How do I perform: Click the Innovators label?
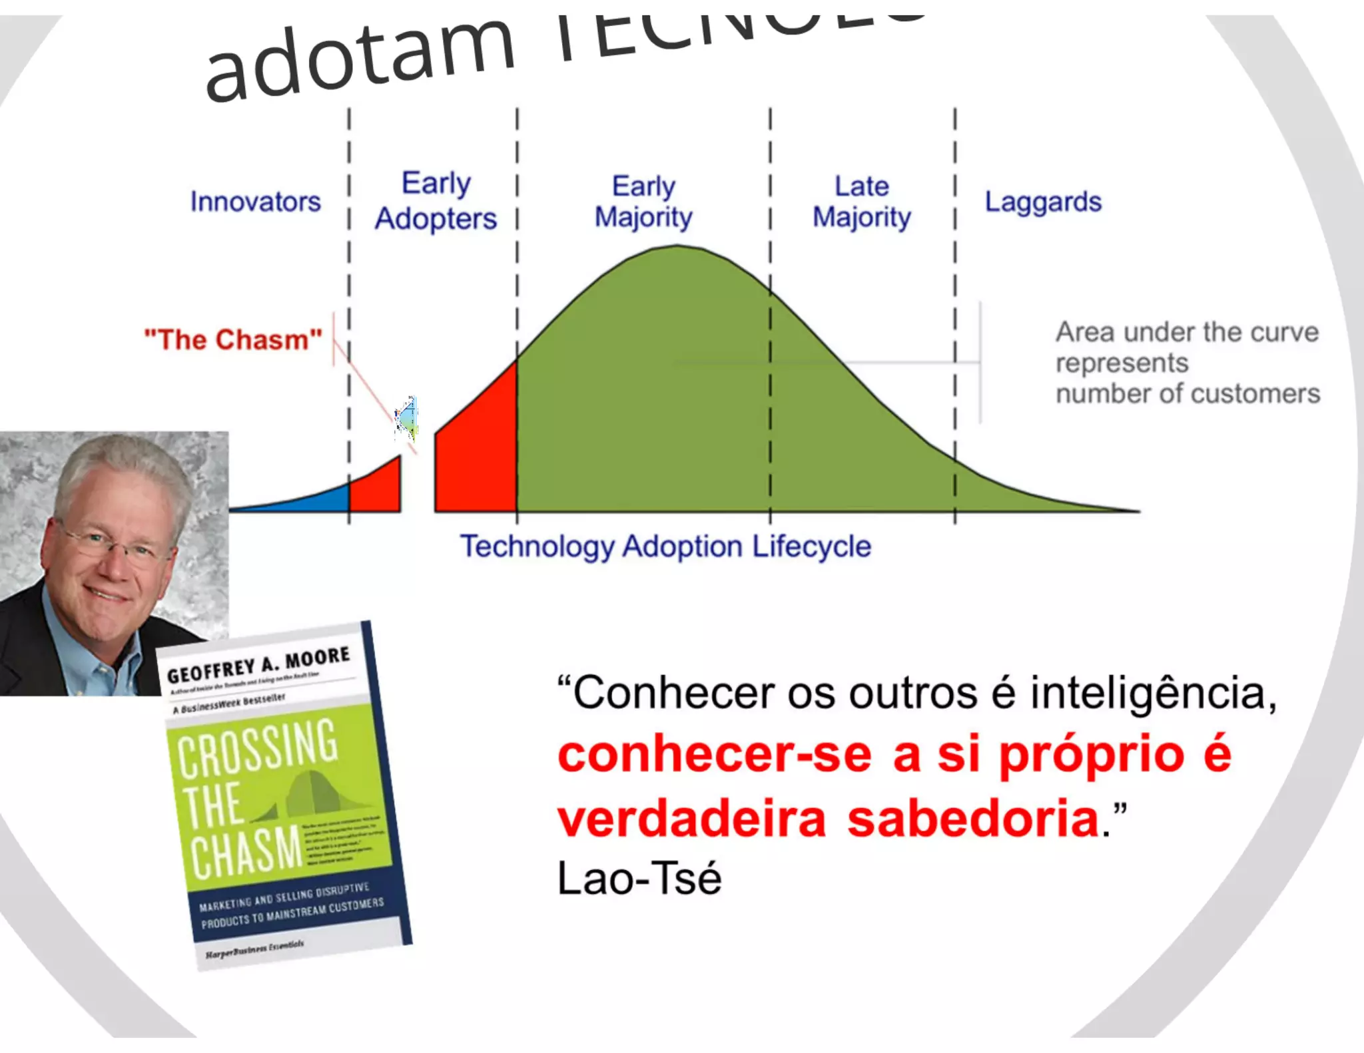point(255,201)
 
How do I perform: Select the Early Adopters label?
point(436,200)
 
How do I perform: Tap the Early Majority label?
point(643,201)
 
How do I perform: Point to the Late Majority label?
point(862,201)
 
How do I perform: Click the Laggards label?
point(1043,202)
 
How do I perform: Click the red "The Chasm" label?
point(233,339)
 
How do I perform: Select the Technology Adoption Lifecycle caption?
point(665,546)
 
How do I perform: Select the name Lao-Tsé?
point(639,878)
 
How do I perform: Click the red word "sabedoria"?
point(972,819)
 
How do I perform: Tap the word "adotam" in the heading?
point(360,61)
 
